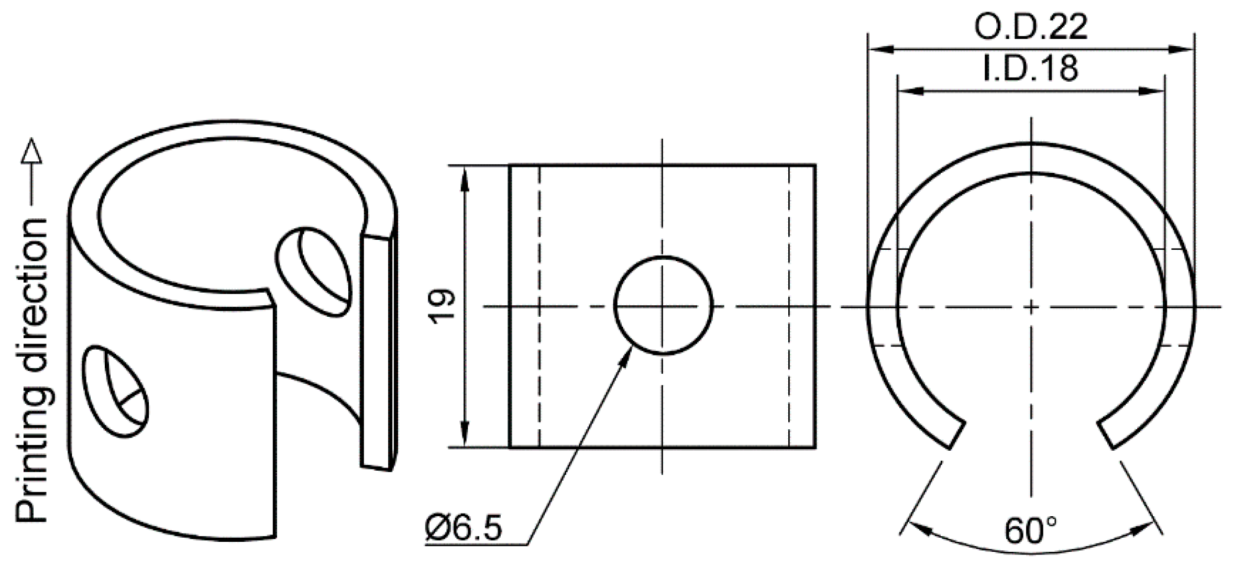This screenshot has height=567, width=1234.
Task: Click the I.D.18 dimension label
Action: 1030,69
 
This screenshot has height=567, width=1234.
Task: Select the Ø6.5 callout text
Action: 464,529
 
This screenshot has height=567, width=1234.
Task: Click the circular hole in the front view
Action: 663,306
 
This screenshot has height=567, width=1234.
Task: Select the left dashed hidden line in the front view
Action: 539,306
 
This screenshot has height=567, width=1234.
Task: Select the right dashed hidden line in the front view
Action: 789,306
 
